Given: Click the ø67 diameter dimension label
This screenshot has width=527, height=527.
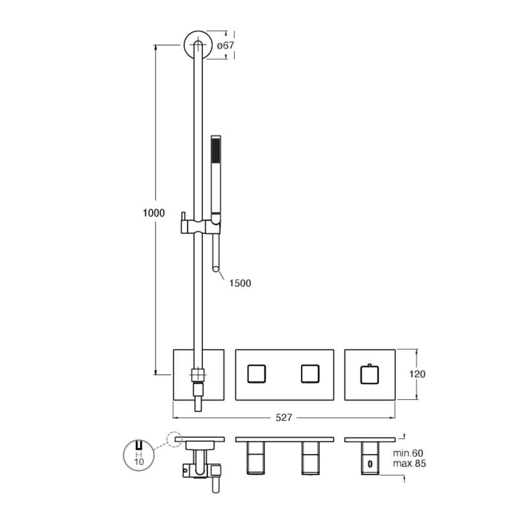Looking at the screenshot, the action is [225, 45].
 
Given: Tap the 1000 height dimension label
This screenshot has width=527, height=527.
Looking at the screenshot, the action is [153, 213].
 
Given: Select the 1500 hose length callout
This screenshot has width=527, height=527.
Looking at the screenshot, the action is [240, 283].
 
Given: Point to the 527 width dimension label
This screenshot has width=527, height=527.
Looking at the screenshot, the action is [284, 418].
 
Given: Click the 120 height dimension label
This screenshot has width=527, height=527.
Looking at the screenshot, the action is [417, 374].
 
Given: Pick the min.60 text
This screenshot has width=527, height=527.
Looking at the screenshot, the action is [408, 453].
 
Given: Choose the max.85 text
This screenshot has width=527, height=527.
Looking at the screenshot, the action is [409, 464].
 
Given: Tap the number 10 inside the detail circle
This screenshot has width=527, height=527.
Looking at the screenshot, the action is [139, 462].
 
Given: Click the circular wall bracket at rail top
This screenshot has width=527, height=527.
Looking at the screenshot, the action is [198, 45].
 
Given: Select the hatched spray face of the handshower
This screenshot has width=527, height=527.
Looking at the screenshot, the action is [216, 153].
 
